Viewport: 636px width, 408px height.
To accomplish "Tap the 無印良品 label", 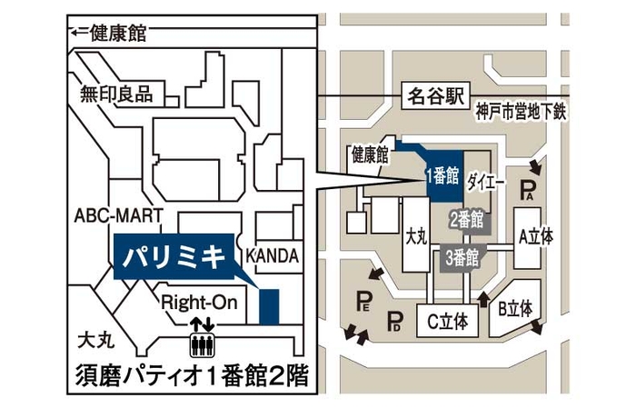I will [x=117, y=93].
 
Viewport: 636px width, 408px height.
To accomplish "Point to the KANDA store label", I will [x=272, y=256].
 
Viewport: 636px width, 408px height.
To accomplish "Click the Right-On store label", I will [x=199, y=302].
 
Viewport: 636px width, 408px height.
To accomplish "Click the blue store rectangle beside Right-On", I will [x=269, y=305].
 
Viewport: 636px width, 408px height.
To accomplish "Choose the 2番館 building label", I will [x=466, y=219].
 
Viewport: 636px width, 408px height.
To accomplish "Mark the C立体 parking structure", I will [x=447, y=321].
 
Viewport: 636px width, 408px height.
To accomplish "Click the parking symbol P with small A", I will [x=529, y=191].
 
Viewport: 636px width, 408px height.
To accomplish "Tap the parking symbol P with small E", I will [x=364, y=301].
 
